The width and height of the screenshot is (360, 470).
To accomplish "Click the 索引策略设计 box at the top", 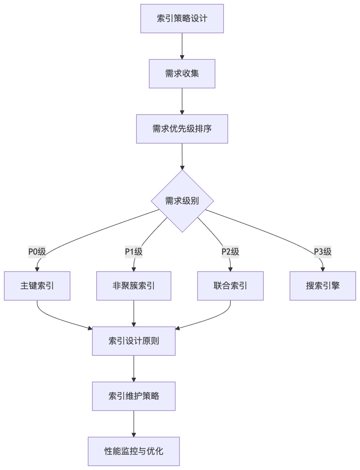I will click(x=182, y=19).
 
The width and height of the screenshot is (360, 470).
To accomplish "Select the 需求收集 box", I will click(x=182, y=74).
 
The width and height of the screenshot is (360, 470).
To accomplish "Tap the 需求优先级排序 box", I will click(x=182, y=129).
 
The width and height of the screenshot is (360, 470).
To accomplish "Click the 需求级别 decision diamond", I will click(x=182, y=201).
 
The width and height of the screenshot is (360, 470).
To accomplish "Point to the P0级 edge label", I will click(x=37, y=252).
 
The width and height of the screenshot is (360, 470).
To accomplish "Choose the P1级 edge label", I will click(x=134, y=252).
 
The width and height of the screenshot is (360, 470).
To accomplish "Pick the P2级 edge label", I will click(x=230, y=252).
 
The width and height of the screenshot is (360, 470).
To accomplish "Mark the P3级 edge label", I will click(x=323, y=252).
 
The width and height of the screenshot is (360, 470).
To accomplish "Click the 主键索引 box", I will click(x=37, y=286).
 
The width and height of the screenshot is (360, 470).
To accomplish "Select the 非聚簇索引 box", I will click(x=134, y=286).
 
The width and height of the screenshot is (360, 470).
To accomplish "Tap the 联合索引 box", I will click(x=230, y=286).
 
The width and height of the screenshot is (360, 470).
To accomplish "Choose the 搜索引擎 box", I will click(x=323, y=286).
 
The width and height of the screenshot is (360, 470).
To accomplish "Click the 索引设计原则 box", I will click(x=134, y=341).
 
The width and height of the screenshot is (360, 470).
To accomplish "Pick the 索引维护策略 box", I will click(x=134, y=396).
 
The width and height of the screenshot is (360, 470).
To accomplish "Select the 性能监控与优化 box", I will click(x=134, y=451).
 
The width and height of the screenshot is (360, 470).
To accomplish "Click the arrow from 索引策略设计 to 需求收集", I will click(x=182, y=46).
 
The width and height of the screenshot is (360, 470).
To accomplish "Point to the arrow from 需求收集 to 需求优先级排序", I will click(x=182, y=101).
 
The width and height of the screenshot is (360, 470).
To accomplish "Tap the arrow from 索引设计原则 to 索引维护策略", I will click(x=134, y=368).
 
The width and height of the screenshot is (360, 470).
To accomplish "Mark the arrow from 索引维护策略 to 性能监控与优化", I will click(x=134, y=424).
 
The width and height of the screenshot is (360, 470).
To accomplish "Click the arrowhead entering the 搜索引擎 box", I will click(x=323, y=269).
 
